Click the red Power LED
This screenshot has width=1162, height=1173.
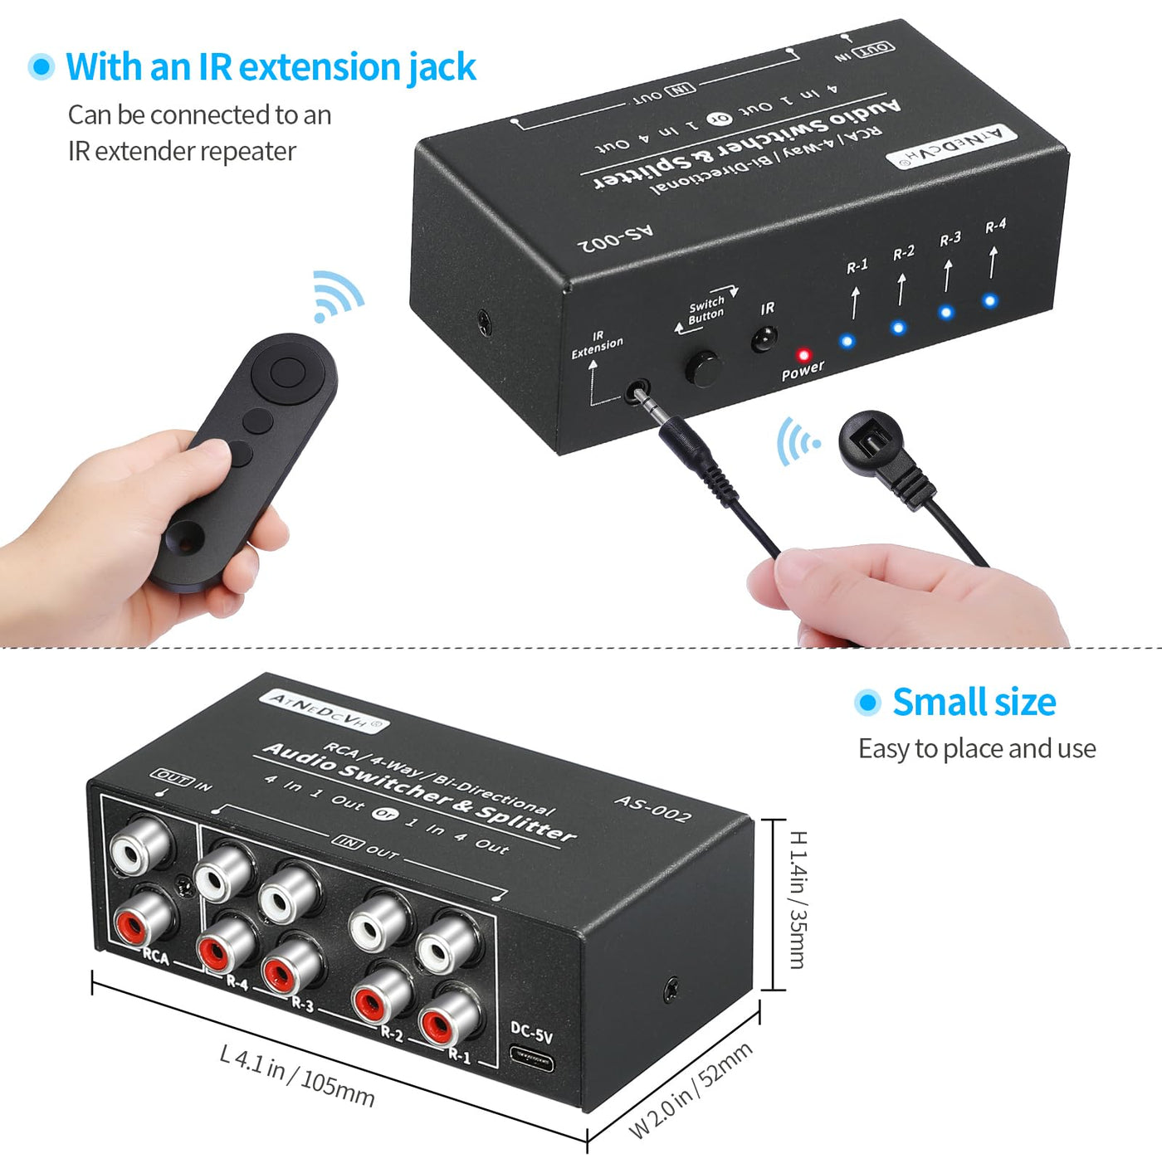803,355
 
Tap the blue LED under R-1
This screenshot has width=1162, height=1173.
847,341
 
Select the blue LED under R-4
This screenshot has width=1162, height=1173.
990,300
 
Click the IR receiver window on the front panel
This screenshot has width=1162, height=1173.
764,338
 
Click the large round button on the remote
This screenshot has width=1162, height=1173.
287,372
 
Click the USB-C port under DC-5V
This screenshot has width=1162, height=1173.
531,1060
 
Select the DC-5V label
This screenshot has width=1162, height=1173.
532,1030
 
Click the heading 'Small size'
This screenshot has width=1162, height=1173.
974,703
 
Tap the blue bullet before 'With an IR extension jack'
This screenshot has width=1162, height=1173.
41,66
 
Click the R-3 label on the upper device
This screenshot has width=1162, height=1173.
950,239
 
